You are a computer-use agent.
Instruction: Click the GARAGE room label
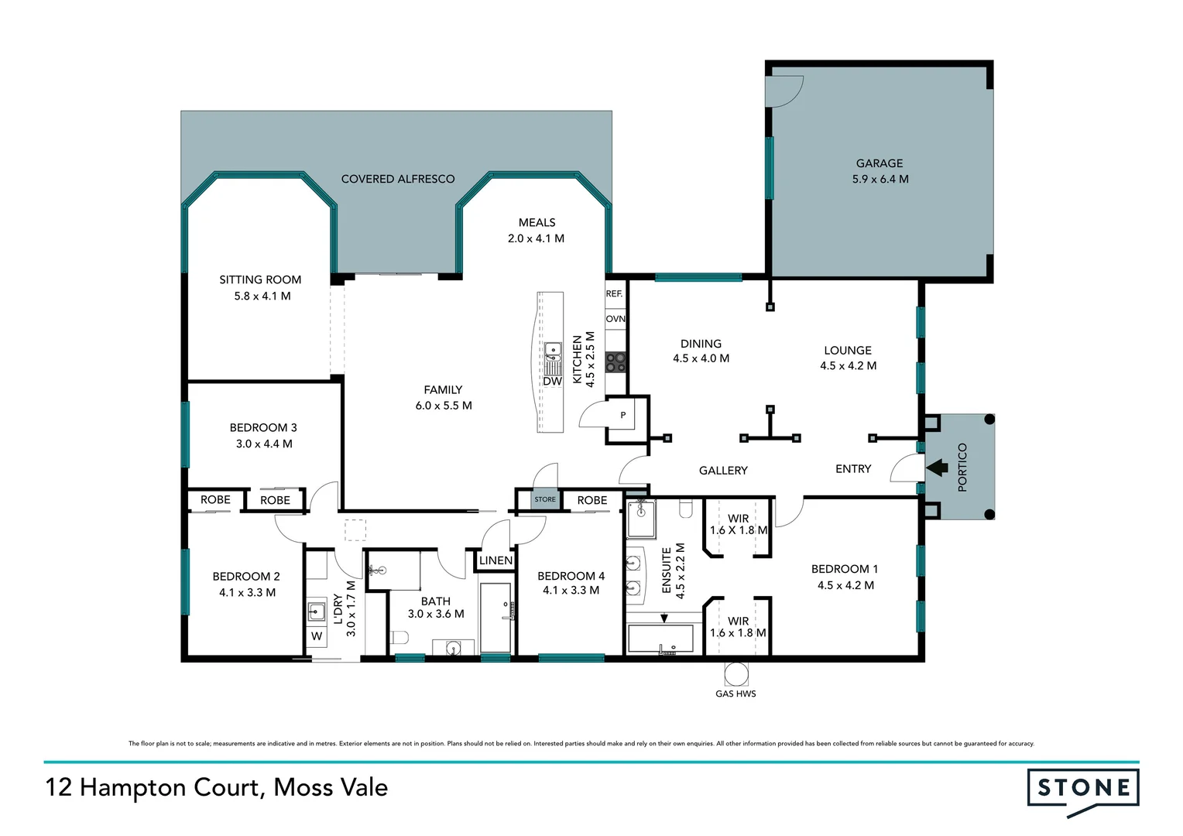(880, 163)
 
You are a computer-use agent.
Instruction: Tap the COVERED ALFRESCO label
(398, 179)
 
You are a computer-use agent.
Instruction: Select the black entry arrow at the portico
(937, 468)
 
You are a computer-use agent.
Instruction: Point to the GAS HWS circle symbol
(736, 673)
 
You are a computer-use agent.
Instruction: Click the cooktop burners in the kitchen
(616, 361)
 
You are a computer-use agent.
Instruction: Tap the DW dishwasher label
(552, 382)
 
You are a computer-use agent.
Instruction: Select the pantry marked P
(623, 416)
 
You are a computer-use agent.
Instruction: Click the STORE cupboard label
(545, 499)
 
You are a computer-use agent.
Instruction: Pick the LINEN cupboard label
(495, 560)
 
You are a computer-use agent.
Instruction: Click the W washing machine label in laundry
(317, 636)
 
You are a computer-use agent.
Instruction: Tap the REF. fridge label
(614, 294)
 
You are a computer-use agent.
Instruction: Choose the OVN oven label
(616, 319)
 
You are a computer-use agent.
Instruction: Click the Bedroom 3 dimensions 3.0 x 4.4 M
(264, 444)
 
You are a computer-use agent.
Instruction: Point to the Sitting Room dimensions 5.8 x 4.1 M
(262, 296)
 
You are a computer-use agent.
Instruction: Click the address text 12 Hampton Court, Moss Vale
(217, 787)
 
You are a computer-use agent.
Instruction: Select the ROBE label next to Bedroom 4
(592, 500)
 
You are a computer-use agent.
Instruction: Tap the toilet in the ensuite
(686, 508)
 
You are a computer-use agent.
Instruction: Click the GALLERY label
(723, 471)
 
